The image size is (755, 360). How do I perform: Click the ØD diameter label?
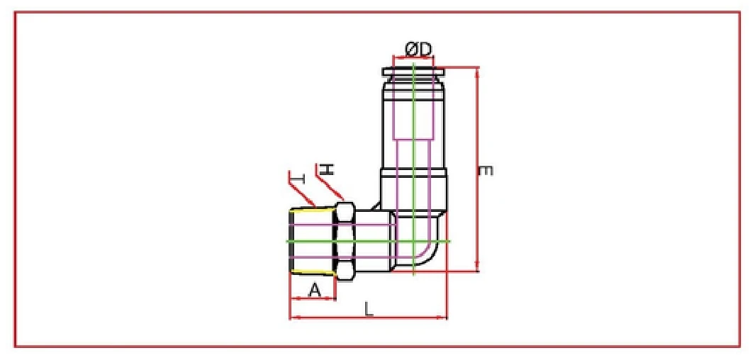point(418,49)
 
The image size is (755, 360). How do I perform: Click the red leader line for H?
point(331,188)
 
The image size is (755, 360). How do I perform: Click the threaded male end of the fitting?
point(312,241)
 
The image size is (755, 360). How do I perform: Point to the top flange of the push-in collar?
point(413,71)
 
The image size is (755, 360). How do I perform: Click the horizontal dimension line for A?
point(313,298)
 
